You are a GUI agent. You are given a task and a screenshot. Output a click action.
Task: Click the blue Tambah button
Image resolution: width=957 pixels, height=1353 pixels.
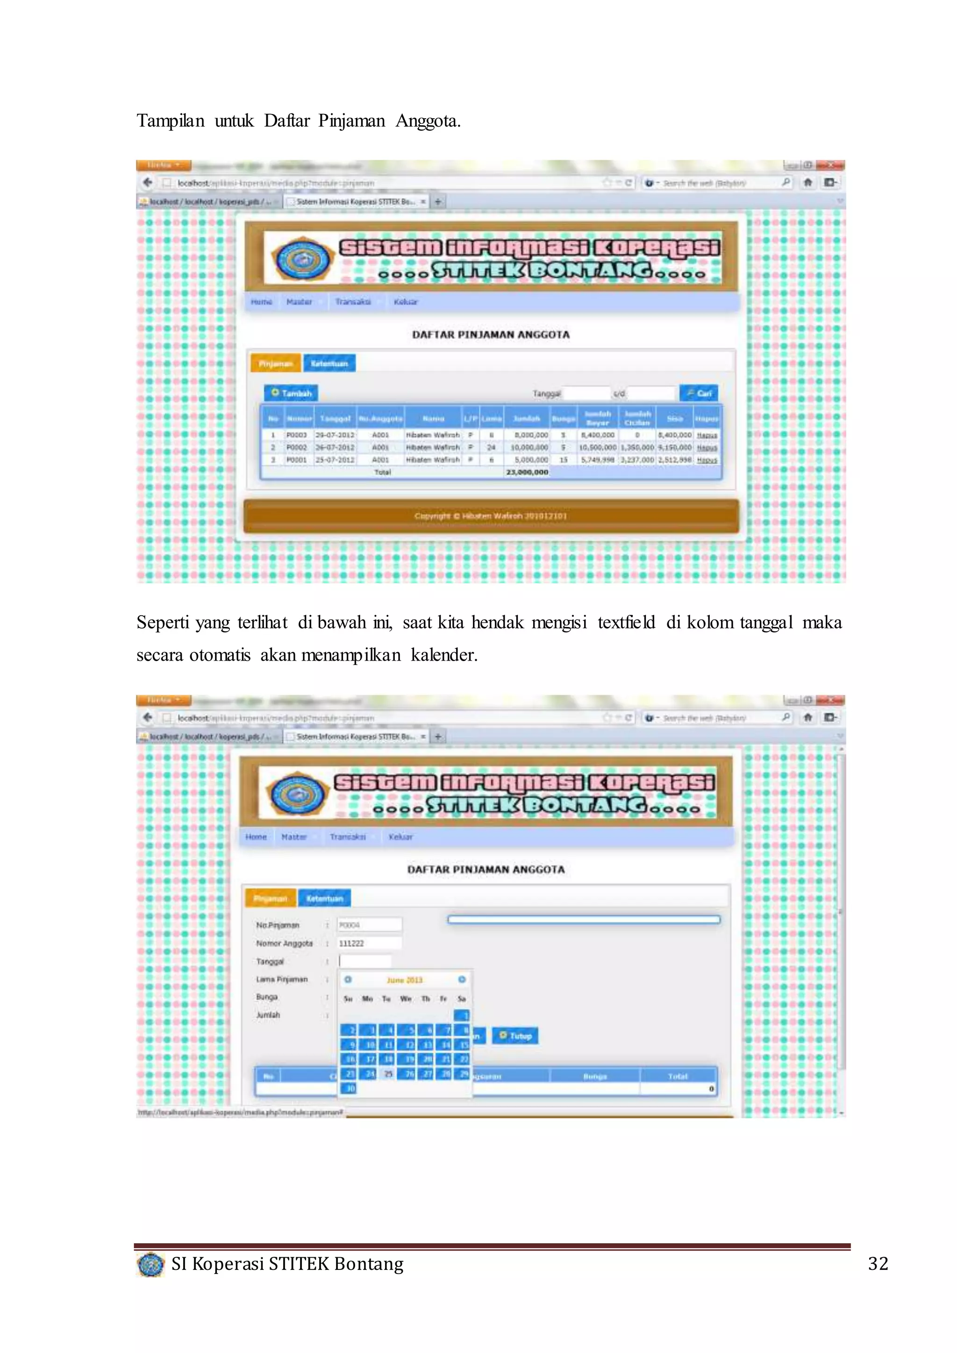[291, 393]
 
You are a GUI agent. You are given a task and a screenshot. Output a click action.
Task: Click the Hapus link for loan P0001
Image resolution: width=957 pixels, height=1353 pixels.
[707, 460]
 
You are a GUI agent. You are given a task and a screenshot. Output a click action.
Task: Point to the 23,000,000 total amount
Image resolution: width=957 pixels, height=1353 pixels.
[527, 472]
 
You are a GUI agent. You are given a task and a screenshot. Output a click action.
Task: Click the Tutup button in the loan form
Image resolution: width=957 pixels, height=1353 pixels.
[515, 1035]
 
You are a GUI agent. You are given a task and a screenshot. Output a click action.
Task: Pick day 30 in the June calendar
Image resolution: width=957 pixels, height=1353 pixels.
[350, 1089]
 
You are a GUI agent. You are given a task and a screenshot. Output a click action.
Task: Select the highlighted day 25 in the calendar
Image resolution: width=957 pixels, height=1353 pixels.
[388, 1074]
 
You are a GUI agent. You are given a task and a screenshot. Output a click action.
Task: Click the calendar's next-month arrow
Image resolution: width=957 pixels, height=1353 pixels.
[462, 979]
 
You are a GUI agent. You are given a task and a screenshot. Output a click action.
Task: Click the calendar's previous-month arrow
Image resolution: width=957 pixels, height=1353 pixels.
[348, 979]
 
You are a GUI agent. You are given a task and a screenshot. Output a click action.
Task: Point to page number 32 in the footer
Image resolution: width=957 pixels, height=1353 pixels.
[878, 1263]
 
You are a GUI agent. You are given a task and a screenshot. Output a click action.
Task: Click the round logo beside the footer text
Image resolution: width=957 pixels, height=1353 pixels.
[151, 1265]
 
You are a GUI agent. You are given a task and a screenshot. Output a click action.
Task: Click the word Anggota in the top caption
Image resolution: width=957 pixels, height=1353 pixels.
[427, 121]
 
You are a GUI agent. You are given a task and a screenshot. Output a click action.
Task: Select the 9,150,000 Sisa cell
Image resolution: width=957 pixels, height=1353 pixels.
[674, 447]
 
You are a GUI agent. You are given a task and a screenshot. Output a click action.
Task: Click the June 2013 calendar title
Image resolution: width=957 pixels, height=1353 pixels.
[404, 980]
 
